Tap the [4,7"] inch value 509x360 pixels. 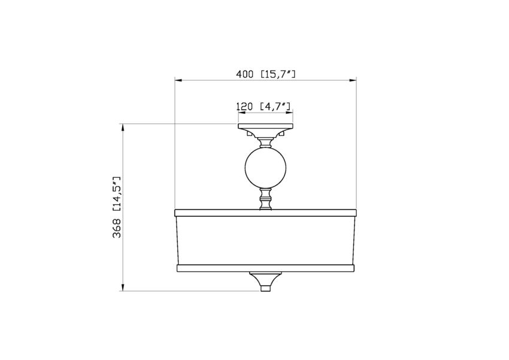[x=275, y=106]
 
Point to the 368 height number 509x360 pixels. [x=117, y=228]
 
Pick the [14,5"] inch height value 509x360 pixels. [x=117, y=194]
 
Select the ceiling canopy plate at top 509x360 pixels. [x=265, y=128]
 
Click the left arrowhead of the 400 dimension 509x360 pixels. [x=177, y=79]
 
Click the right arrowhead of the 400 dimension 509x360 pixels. [x=353, y=79]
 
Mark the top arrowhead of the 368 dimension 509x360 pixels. [x=123, y=127]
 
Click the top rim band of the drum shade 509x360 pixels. [x=265, y=213]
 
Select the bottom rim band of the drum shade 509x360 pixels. [x=265, y=267]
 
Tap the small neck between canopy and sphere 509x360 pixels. [x=265, y=143]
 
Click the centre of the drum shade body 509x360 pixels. [x=265, y=240]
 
